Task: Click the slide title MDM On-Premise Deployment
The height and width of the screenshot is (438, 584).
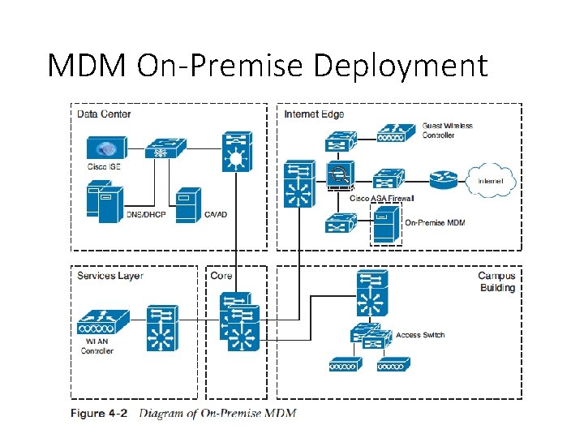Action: point(268,65)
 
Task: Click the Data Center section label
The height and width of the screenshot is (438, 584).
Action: point(104,114)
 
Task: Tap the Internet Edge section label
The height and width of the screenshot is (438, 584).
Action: point(314,114)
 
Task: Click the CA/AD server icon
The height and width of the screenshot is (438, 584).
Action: point(187,206)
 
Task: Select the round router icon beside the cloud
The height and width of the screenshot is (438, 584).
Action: point(443,180)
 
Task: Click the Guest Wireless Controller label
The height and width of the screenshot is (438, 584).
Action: point(447,131)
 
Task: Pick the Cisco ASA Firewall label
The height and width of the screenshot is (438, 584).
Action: point(381,198)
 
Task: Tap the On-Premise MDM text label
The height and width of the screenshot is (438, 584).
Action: point(436,222)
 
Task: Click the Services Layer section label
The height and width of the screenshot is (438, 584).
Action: point(110,276)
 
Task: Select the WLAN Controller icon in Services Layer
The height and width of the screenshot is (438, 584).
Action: point(103,322)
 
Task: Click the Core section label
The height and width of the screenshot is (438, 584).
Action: point(221,276)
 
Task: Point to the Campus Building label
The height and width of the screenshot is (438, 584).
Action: point(496,282)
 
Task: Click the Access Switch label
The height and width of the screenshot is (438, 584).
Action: point(420,335)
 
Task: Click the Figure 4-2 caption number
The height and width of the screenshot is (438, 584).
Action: point(99,414)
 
